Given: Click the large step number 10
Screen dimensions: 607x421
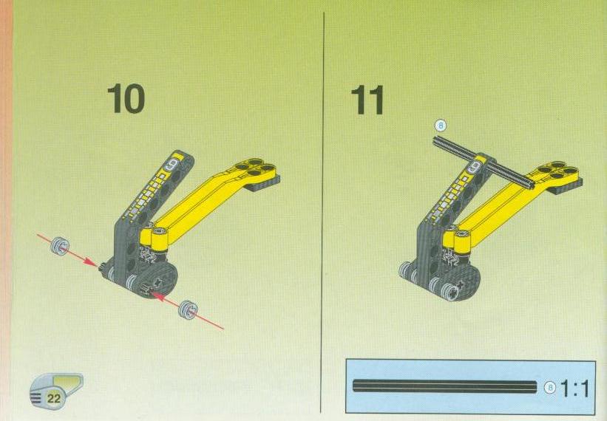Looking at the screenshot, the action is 126,99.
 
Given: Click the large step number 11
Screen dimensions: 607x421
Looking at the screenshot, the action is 367,100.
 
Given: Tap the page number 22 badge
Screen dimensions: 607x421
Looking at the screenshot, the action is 54,398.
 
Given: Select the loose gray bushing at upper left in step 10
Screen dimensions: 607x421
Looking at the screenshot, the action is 60,245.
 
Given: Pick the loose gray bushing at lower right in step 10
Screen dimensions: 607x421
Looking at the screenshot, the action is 188,309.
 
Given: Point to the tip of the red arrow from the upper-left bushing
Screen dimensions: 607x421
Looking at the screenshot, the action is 98,266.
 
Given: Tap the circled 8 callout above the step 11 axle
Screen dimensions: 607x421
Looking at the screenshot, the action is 441,126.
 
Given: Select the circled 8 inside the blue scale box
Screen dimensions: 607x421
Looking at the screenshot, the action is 550,388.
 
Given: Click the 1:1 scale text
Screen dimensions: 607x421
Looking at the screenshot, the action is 574,389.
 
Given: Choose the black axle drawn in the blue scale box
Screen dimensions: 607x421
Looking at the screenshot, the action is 445,386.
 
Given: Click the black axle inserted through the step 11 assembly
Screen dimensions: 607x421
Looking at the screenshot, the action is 484,162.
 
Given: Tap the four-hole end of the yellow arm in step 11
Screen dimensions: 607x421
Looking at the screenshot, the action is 557,171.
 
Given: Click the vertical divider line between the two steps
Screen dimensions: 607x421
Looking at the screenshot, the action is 322,213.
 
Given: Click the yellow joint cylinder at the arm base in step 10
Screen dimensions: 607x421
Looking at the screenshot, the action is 160,240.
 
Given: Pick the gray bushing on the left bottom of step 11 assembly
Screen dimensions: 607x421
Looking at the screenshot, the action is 405,270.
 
